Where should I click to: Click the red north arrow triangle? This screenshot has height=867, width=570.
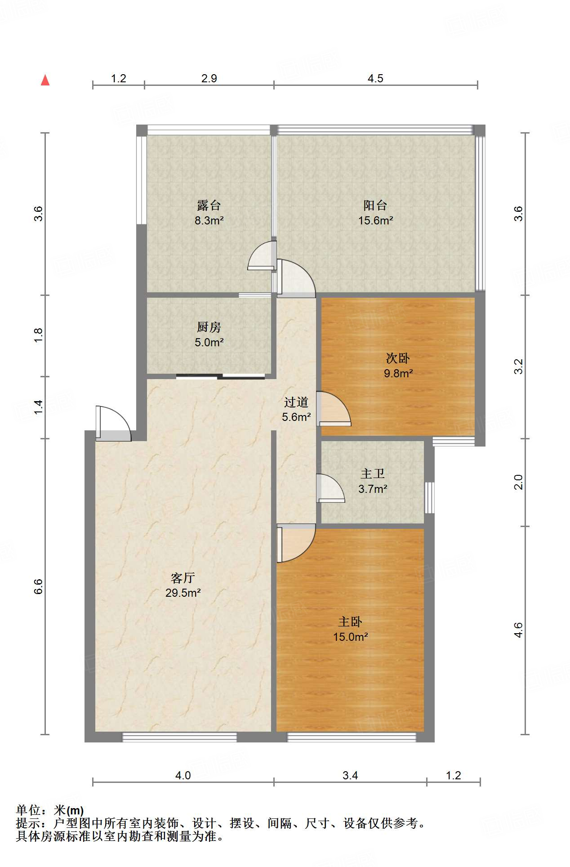point(45,80)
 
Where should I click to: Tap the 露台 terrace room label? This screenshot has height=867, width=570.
point(209,206)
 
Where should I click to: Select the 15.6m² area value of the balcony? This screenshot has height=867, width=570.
point(375,220)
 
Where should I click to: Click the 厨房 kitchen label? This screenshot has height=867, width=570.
point(209,327)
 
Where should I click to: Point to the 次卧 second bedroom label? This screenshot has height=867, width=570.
point(398,358)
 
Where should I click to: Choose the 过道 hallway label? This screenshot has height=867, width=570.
point(296,402)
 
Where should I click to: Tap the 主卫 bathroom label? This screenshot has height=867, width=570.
point(373,474)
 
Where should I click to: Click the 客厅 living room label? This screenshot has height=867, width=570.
point(183,578)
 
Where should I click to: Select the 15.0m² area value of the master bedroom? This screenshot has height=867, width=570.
point(350,637)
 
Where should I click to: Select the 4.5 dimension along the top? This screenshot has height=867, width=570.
point(375,79)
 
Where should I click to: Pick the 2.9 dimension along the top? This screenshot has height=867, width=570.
point(209,79)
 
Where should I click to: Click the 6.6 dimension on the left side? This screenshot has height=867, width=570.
point(38,586)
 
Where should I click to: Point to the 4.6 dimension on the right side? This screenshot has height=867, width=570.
point(518,630)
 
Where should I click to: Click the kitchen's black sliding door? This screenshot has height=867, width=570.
point(220,376)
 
